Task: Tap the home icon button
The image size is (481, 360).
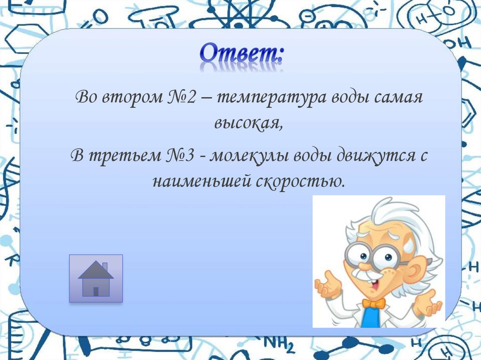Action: pyautogui.click(x=96, y=278)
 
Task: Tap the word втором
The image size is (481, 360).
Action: pyautogui.click(x=131, y=98)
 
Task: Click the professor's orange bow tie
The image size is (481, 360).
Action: pyautogui.click(x=373, y=304)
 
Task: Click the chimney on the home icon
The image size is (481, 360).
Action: pyautogui.click(x=105, y=266)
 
